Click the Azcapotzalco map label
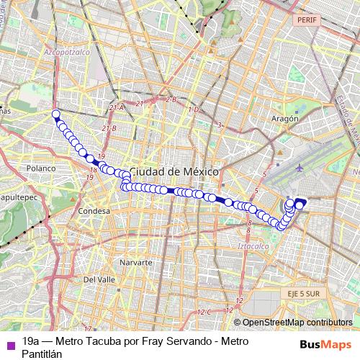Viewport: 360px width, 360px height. click(67, 53)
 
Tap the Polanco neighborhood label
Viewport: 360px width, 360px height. click(41, 168)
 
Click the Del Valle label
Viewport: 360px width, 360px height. click(100, 279)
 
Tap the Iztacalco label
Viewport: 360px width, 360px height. click(253, 246)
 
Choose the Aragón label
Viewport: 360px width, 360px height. click(285, 118)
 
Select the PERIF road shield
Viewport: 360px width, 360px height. click(306, 21)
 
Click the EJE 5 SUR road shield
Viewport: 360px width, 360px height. click(299, 294)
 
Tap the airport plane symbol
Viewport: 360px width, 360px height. click(299, 168)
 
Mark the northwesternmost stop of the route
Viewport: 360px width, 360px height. click(55, 114)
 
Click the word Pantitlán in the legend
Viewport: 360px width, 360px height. click(42, 354)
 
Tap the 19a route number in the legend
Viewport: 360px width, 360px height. click(31, 341)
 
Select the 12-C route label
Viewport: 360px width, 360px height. click(205, 312)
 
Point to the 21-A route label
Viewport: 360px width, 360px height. click(117, 107)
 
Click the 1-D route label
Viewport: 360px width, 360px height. click(192, 109)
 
